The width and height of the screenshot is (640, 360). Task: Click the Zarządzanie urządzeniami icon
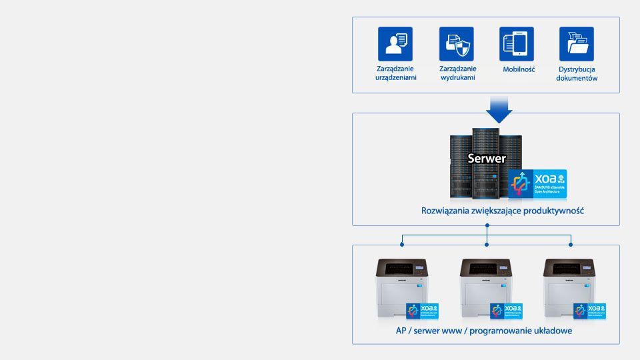pyautogui.click(x=395, y=44)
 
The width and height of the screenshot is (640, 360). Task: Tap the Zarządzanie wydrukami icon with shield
pyautogui.click(x=457, y=44)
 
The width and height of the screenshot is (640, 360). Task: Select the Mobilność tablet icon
pyautogui.click(x=517, y=44)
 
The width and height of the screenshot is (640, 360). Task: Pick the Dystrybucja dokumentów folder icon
pyautogui.click(x=577, y=44)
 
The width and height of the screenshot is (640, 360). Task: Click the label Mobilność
pyautogui.click(x=519, y=69)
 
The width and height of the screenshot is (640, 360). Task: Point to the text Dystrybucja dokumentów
pyautogui.click(x=577, y=73)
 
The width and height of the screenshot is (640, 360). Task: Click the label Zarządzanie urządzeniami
pyautogui.click(x=395, y=73)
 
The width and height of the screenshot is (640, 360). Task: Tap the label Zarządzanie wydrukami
pyautogui.click(x=458, y=73)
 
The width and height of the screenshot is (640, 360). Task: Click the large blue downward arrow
pyautogui.click(x=498, y=108)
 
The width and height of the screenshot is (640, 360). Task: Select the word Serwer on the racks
pyautogui.click(x=487, y=159)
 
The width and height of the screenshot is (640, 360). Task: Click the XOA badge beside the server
pyautogui.click(x=537, y=184)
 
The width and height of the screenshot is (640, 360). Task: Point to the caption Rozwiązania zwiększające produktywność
pyautogui.click(x=503, y=211)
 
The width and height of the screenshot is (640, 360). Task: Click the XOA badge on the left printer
pyautogui.click(x=423, y=311)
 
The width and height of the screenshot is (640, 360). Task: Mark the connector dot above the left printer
pyautogui.click(x=402, y=244)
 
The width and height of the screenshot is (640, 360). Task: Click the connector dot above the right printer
pyautogui.click(x=570, y=244)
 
